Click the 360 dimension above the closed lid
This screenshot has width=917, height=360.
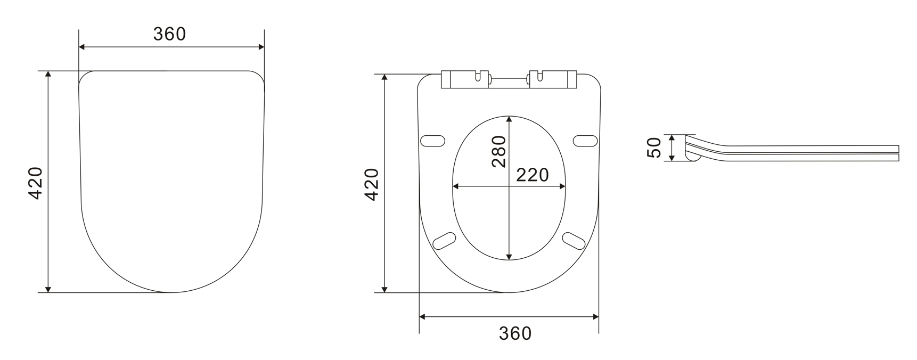[169, 34]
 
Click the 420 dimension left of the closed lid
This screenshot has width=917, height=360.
[35, 183]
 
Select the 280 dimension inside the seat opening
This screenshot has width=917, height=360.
[499, 151]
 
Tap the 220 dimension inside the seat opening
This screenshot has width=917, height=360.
[532, 175]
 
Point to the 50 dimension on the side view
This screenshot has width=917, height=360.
[653, 148]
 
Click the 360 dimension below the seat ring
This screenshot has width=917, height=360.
[515, 333]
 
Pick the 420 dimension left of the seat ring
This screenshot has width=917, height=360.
[371, 184]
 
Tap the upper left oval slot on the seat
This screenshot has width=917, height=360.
[432, 141]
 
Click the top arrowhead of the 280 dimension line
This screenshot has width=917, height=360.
[509, 119]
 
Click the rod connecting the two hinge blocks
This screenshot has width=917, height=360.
[509, 80]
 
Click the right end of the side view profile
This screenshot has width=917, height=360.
[898, 153]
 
